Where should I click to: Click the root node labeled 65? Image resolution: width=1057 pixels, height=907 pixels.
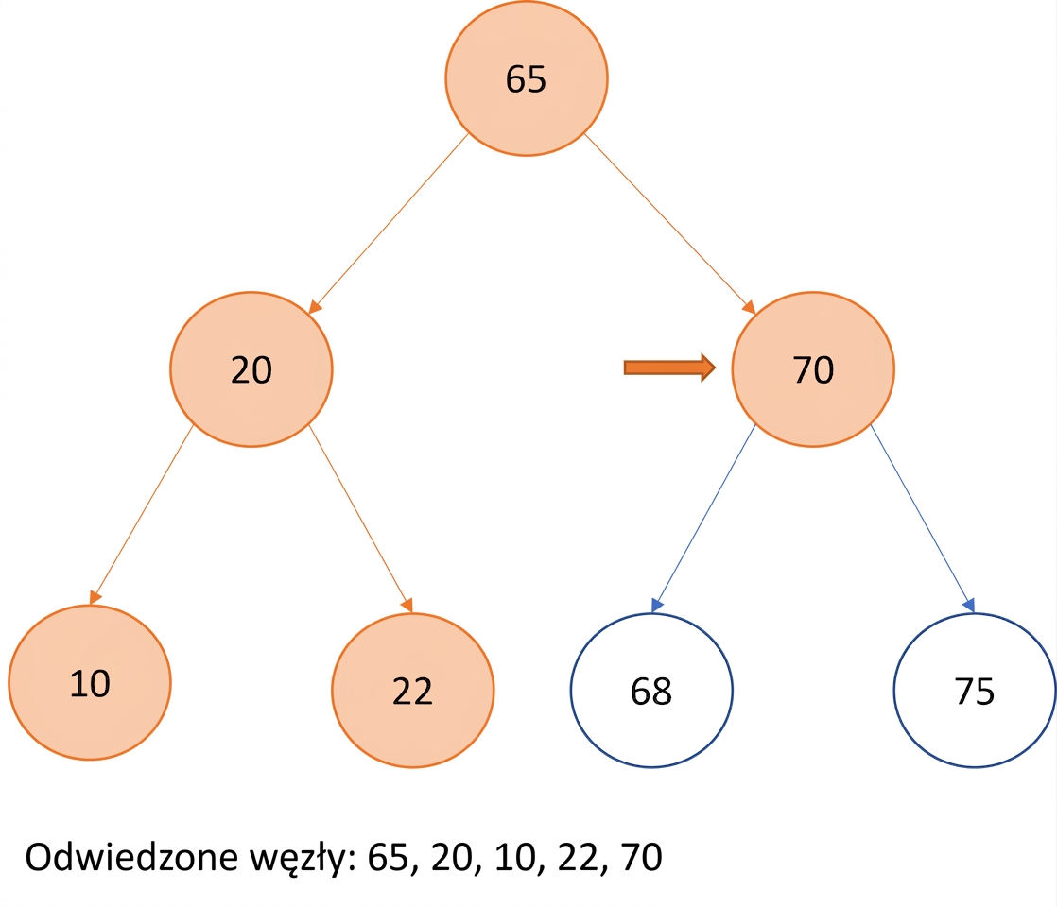tap(527, 78)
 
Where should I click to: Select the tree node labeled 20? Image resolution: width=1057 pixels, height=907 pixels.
tap(251, 369)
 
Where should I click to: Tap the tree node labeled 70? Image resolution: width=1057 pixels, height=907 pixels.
tap(813, 369)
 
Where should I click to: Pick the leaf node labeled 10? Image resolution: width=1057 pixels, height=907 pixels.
tap(90, 682)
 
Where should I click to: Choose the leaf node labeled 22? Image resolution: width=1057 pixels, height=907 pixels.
tap(412, 690)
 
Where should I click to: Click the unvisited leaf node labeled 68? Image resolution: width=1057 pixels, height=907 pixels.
tap(651, 690)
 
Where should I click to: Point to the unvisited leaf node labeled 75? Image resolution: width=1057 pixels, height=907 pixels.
tap(974, 690)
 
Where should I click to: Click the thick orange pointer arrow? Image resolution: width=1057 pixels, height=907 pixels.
tap(669, 368)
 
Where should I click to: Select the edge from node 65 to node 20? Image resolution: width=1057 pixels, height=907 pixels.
tap(389, 224)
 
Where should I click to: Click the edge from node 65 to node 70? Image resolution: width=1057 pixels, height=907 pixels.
tap(669, 224)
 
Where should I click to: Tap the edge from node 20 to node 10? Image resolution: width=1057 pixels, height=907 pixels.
tap(142, 515)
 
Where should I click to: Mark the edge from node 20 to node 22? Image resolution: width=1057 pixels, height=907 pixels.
tap(360, 519)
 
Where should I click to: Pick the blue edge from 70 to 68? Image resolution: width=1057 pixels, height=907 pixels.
tap(703, 519)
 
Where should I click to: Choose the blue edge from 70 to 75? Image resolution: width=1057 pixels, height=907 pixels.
tap(922, 519)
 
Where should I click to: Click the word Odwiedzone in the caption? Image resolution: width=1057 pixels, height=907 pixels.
tap(131, 857)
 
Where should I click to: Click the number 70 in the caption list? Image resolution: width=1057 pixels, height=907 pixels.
tap(642, 857)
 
